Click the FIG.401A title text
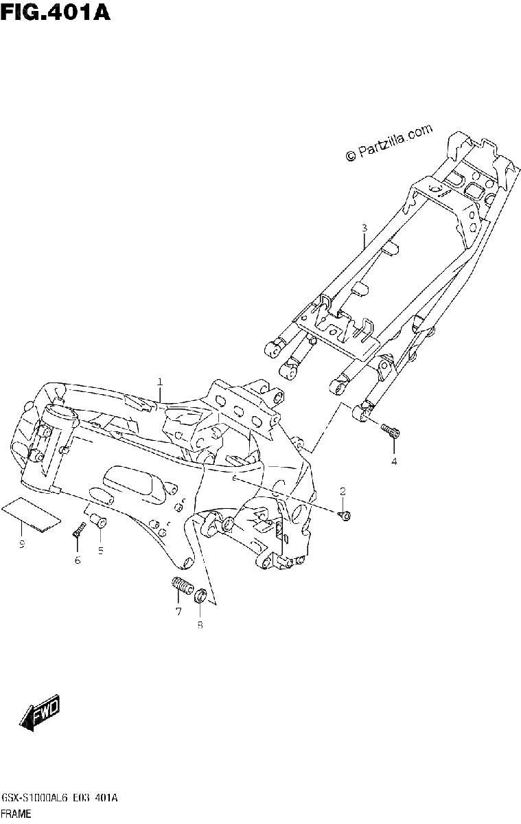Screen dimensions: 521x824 (55, 12)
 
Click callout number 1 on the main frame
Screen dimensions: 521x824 (160, 382)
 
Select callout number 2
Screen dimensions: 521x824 (343, 491)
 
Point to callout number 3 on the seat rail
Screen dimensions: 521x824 (364, 228)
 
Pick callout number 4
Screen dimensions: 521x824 (394, 461)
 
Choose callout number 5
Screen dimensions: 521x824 (100, 550)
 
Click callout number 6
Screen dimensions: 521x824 (78, 560)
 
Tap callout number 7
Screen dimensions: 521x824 (178, 612)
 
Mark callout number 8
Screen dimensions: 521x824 (200, 625)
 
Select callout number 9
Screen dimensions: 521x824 (22, 544)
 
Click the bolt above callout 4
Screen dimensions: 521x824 (391, 431)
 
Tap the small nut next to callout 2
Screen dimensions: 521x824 (345, 516)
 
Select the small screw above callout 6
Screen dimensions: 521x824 (78, 530)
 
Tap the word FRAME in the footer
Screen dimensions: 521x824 (16, 814)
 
